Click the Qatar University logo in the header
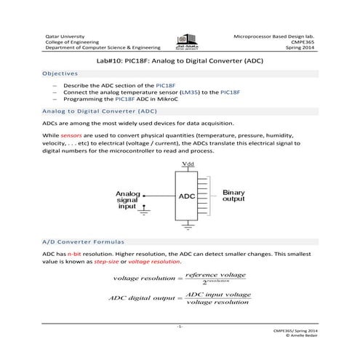tap(180, 43)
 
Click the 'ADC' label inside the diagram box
tap(187, 196)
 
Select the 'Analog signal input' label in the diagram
tap(128, 200)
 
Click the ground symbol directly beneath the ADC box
tap(188, 228)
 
